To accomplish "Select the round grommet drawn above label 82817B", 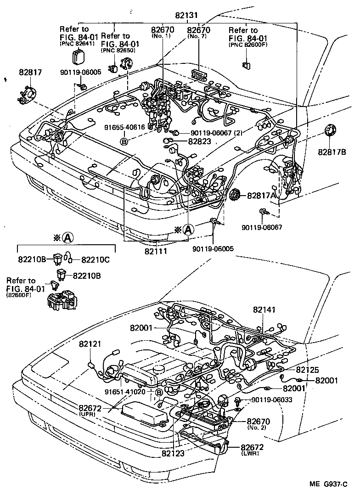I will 330,130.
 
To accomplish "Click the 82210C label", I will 96,259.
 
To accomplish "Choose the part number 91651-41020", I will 125,392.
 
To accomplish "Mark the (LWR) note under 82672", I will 250,453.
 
